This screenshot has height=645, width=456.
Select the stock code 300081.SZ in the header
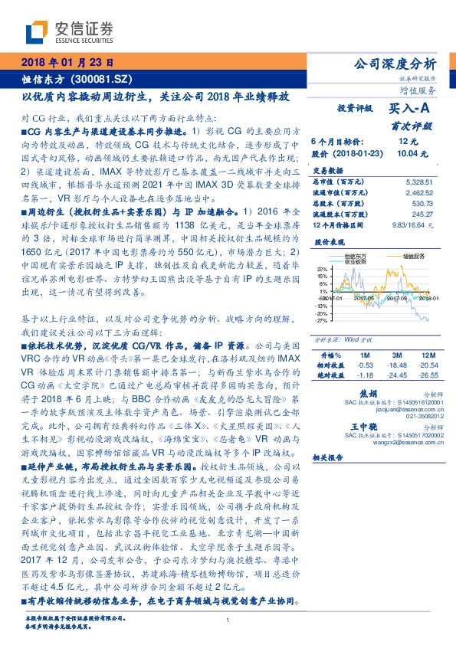105,79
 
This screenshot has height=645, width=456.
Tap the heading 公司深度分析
398,63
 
